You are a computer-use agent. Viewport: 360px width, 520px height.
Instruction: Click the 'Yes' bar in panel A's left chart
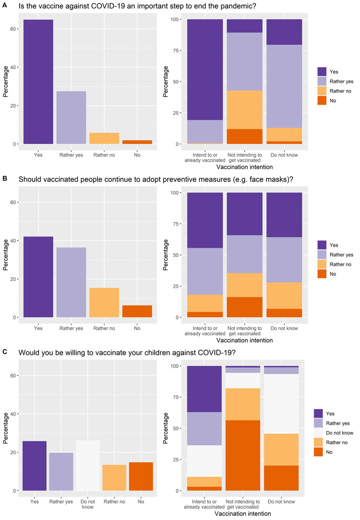pos(39,82)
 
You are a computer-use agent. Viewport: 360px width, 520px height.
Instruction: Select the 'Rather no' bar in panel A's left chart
pos(104,138)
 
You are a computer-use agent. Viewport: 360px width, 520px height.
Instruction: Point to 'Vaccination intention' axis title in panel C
pos(245,514)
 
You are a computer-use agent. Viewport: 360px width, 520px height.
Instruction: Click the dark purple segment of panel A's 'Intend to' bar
pos(205,69)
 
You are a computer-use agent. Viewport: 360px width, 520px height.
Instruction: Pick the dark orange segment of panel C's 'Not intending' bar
pos(244,455)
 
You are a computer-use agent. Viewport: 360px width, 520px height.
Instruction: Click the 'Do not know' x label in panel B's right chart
pos(284,328)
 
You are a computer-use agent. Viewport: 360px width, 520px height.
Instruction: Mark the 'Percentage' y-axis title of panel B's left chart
pos(5,256)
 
